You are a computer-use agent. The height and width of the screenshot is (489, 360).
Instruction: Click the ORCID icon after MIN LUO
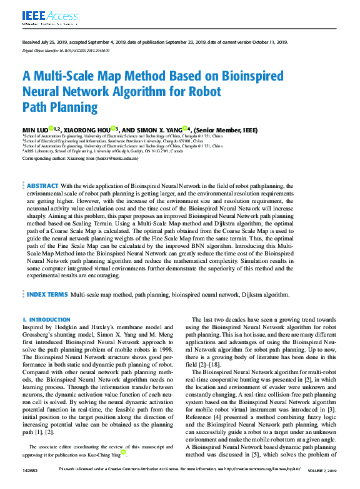point(51,129)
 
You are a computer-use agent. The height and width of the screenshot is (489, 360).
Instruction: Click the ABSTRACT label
point(42,186)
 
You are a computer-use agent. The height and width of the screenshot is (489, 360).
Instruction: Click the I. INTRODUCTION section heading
point(46,319)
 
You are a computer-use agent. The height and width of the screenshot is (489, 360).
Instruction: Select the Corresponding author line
point(80,159)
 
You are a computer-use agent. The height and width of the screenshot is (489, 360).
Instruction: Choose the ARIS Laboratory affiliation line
point(103,151)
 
